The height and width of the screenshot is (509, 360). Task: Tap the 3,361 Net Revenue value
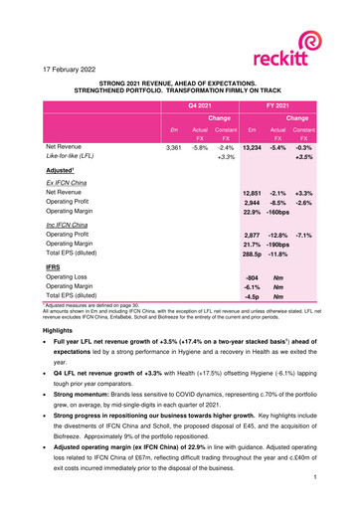pyautogui.click(x=170, y=147)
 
